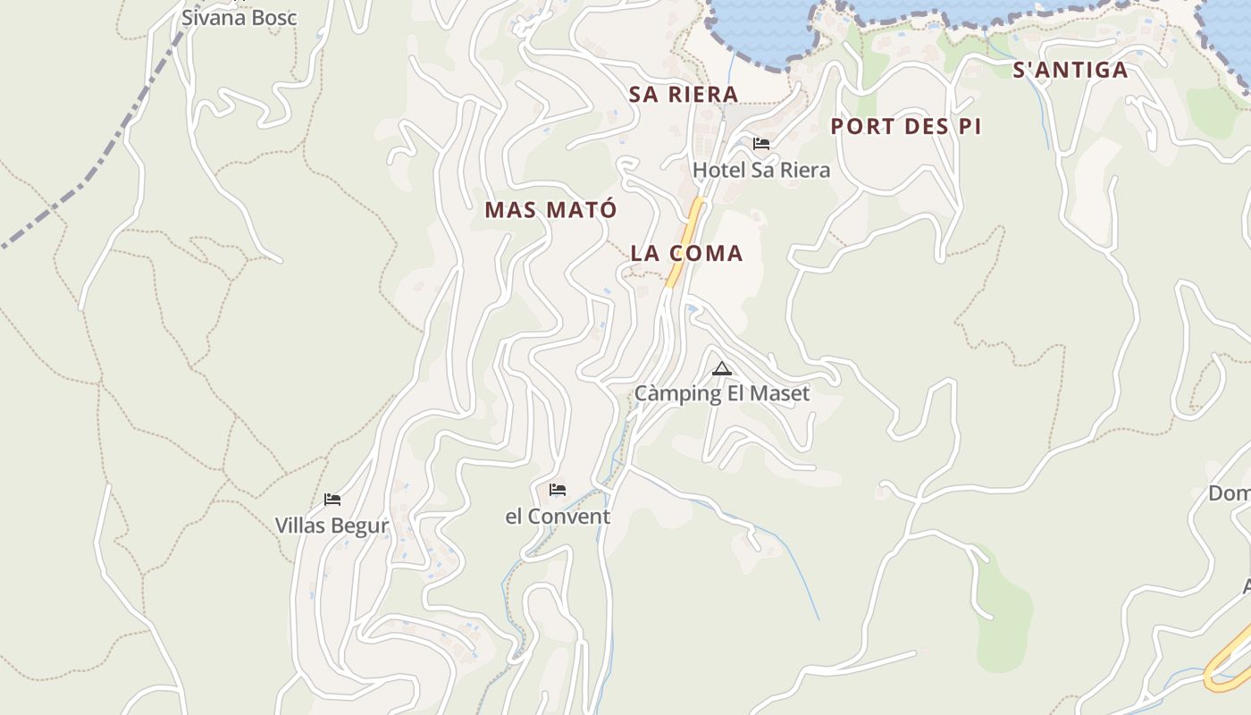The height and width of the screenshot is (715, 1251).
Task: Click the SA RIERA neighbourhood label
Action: [x=684, y=94]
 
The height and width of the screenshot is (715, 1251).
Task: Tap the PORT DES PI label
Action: [x=906, y=126]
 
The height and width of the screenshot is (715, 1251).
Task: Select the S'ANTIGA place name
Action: [x=1070, y=70]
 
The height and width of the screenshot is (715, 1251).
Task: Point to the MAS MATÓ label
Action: [x=550, y=210]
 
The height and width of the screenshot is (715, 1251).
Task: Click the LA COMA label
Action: [x=686, y=253]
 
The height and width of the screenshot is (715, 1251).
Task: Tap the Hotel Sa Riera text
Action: [x=761, y=170]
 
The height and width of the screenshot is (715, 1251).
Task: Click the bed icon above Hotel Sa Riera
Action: [x=761, y=143]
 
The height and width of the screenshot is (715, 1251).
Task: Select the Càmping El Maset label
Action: [x=722, y=393]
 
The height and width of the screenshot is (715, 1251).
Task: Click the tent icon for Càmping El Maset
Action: [x=722, y=368]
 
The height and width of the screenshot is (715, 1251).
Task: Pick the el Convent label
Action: [x=558, y=517]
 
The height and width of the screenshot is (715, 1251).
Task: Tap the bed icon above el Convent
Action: [x=558, y=490]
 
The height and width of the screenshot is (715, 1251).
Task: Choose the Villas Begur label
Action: [x=332, y=526]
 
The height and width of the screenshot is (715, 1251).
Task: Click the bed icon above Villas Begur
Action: [x=332, y=500]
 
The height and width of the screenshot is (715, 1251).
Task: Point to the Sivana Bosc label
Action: [x=239, y=18]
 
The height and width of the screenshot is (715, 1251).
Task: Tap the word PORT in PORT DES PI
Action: [x=860, y=126]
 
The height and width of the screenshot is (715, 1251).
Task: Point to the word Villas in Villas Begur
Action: [x=301, y=526]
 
